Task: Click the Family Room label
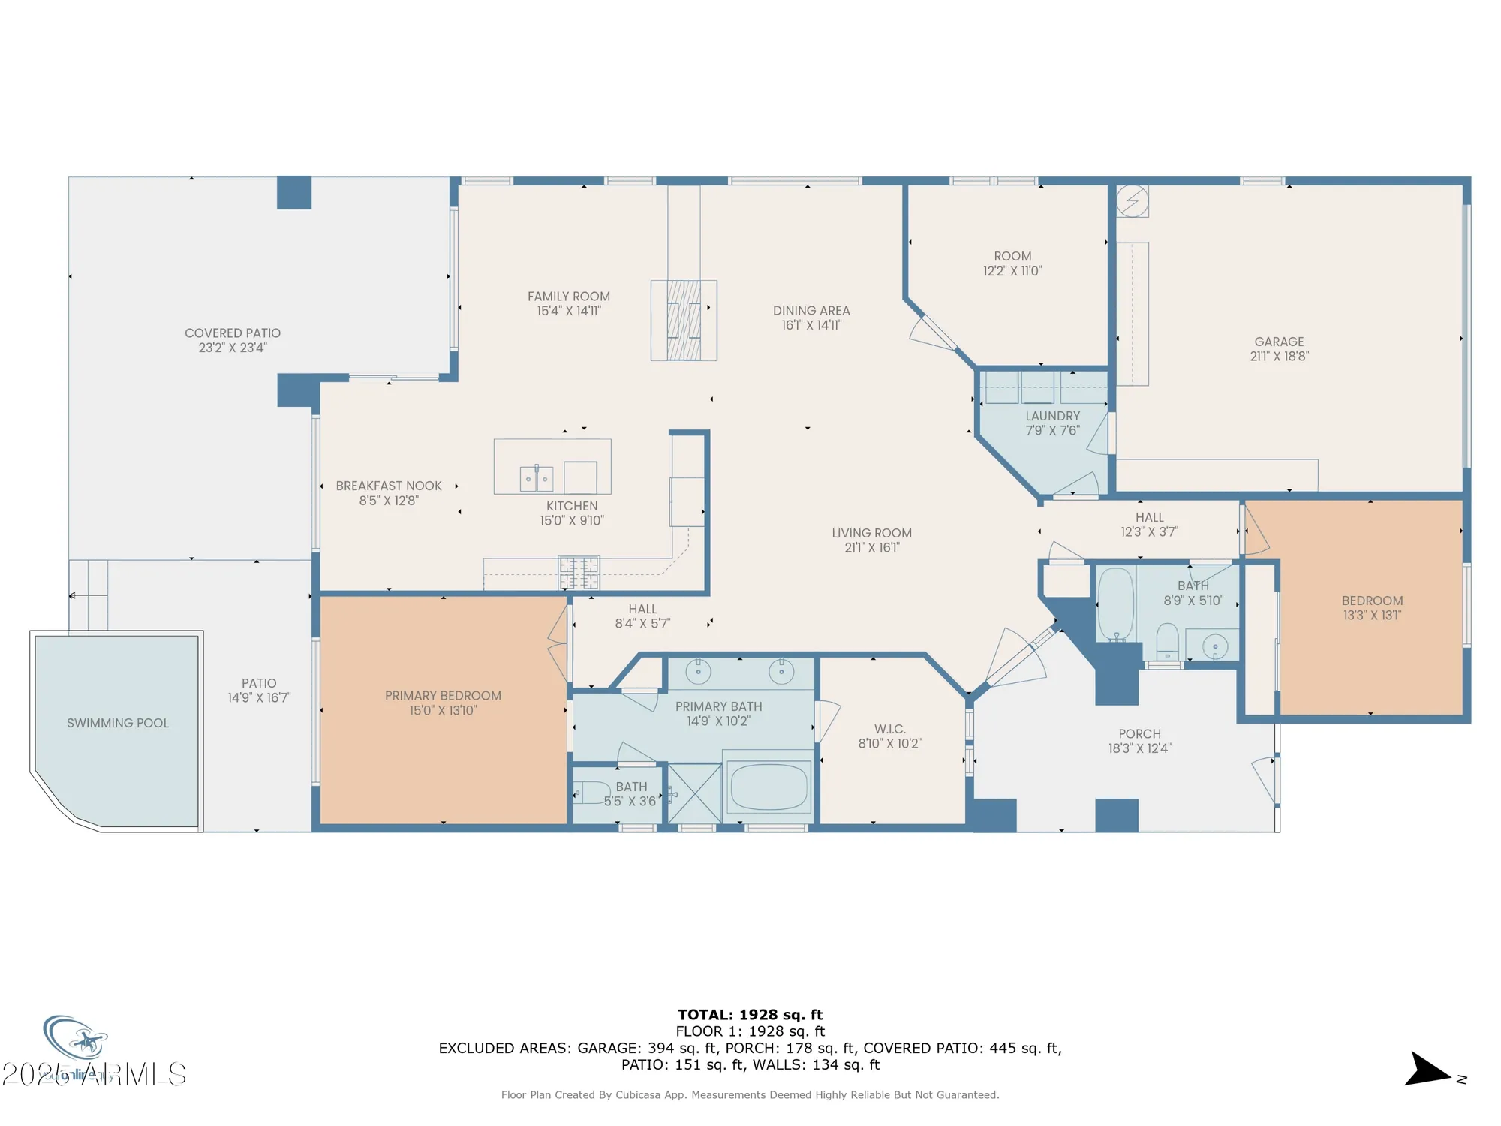click(568, 297)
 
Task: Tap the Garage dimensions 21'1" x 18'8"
click(1279, 357)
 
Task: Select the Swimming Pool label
click(118, 723)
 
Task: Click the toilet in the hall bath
click(1167, 642)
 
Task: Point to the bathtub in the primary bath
click(769, 787)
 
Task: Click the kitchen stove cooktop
click(579, 573)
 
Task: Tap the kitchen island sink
click(536, 478)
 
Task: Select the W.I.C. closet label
click(889, 729)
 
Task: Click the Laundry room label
click(1052, 416)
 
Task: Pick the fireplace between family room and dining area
click(684, 321)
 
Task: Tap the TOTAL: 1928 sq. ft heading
click(750, 1015)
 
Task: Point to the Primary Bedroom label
click(443, 696)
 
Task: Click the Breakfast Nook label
click(389, 486)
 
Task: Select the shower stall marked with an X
click(694, 793)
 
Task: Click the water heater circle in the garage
click(1132, 201)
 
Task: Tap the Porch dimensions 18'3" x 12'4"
click(1139, 748)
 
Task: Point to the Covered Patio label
click(233, 333)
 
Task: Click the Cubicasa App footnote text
click(750, 1095)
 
